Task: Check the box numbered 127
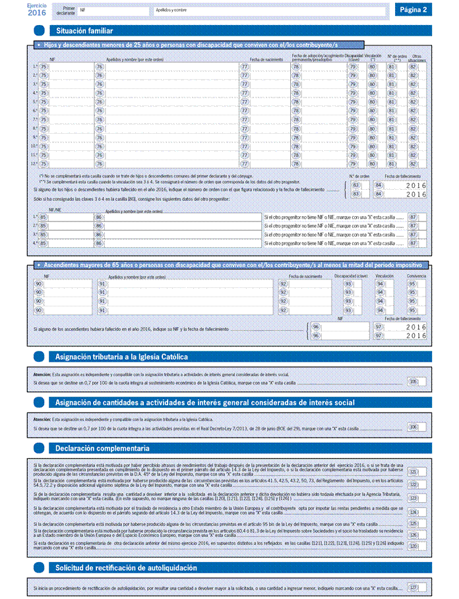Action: click(417, 587)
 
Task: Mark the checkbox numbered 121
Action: click(417, 472)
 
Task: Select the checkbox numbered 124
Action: click(417, 511)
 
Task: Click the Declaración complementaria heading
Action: click(103, 448)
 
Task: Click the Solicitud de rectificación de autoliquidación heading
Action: click(126, 567)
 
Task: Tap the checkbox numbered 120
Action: click(417, 546)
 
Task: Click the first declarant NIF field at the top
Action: click(112, 11)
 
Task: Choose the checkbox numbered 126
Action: click(417, 534)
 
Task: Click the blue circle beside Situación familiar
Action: click(39, 31)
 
